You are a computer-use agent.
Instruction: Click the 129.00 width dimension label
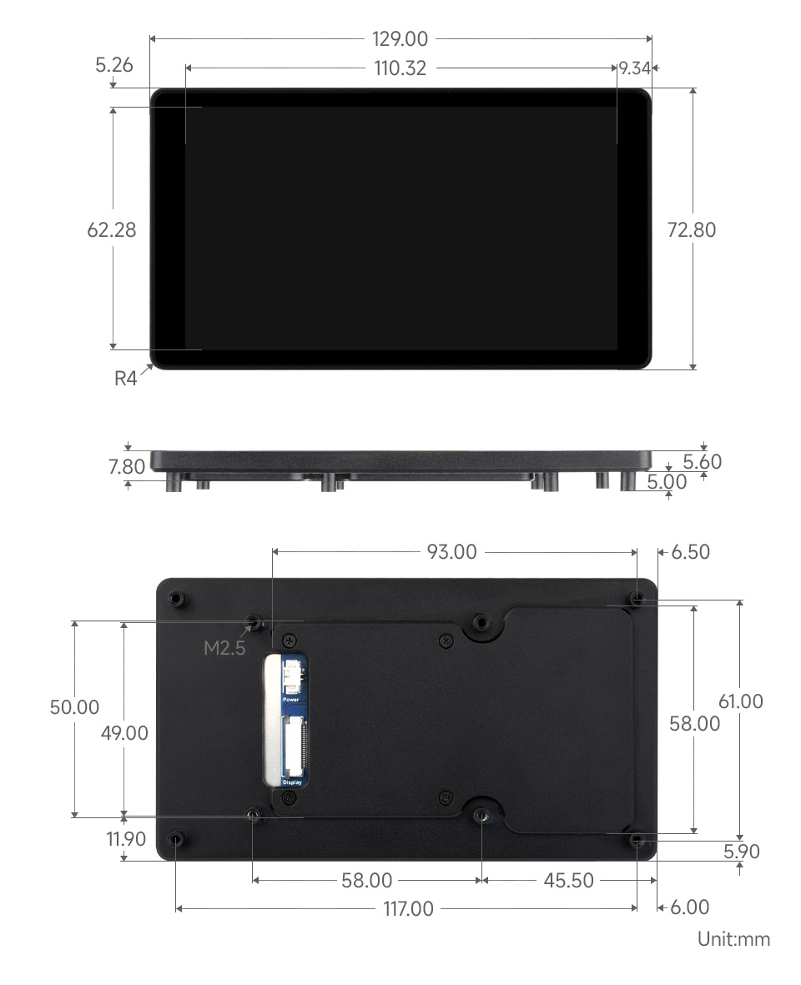coord(400,38)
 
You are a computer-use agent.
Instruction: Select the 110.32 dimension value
coord(400,68)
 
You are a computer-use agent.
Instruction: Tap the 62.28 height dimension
coord(112,229)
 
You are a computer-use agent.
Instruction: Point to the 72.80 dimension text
coord(692,229)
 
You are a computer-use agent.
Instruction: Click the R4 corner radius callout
coord(125,379)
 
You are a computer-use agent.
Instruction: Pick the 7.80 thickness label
coord(127,466)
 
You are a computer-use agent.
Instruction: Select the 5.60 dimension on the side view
coord(702,461)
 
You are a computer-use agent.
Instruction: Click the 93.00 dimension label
coord(451,551)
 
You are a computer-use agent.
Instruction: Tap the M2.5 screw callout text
coord(224,647)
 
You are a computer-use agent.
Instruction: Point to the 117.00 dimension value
coord(408,908)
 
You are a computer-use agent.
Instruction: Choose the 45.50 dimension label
coord(568,880)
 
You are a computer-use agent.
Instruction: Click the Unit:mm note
coord(733,939)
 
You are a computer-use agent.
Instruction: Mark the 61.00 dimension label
coord(740,701)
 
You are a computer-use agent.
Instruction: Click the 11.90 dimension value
coord(126,839)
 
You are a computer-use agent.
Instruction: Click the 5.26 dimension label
coord(114,64)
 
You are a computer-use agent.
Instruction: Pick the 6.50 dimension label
coord(690,551)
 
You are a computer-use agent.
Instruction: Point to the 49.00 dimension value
coord(124,733)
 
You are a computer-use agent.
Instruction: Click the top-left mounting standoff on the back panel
coord(176,598)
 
